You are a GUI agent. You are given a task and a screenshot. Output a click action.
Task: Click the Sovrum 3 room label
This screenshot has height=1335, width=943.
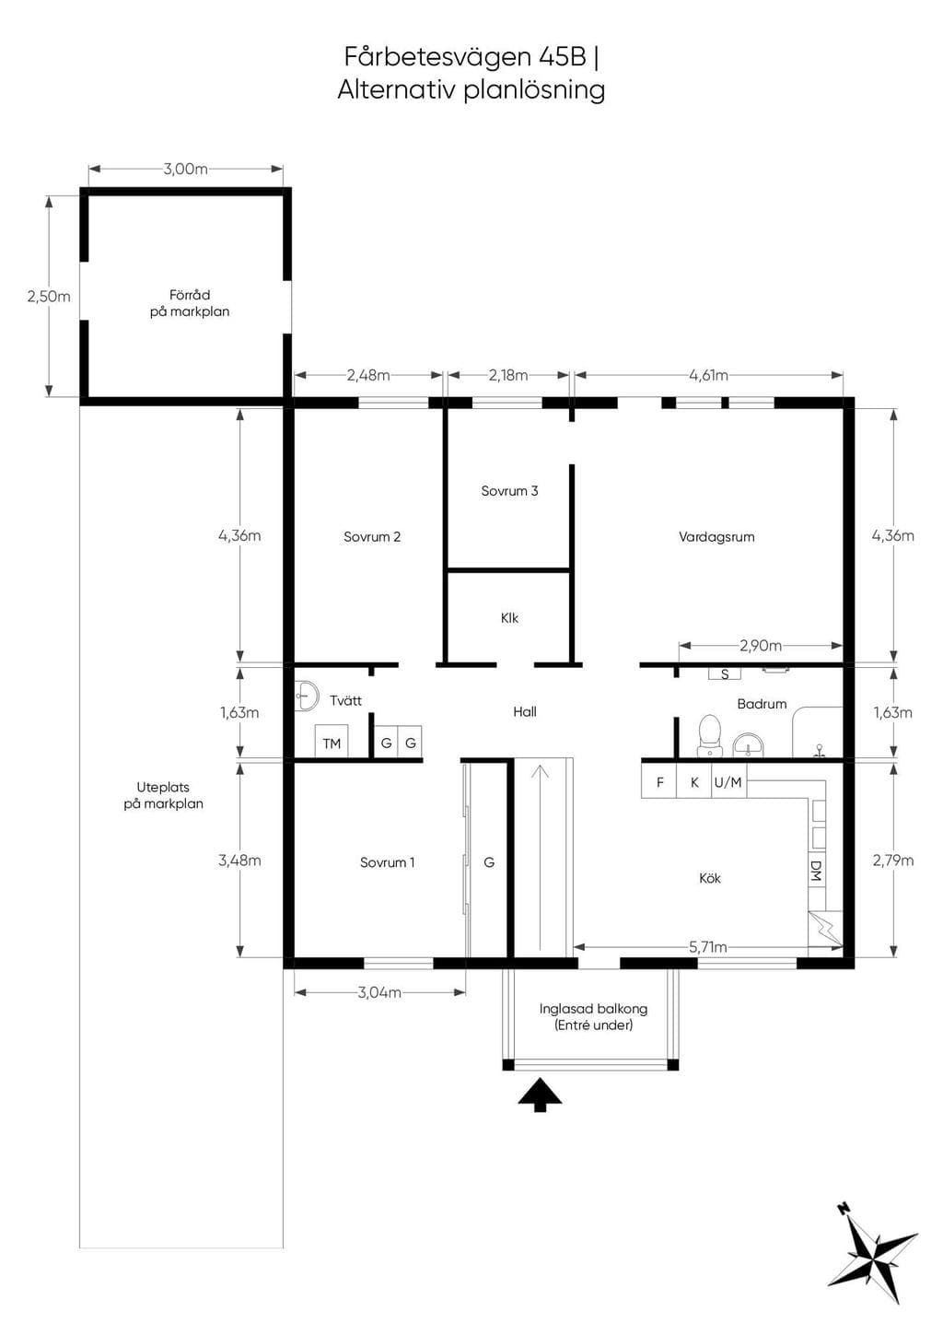(509, 491)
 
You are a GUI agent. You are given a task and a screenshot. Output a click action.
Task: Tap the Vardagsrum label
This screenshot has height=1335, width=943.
(716, 537)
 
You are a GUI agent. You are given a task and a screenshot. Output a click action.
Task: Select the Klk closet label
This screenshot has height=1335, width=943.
(509, 618)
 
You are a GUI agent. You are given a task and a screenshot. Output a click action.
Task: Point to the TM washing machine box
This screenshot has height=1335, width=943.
(332, 741)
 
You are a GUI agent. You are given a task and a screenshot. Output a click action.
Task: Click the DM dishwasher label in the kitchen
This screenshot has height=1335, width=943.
(816, 870)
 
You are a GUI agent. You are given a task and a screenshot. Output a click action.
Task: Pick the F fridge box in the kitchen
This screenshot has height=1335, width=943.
(659, 782)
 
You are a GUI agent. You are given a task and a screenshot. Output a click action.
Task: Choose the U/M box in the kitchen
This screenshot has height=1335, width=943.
(728, 782)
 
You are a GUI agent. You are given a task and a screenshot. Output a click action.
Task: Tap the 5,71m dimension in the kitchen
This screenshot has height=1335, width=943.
(707, 947)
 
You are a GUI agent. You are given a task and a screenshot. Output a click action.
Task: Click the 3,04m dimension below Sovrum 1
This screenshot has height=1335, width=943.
(379, 992)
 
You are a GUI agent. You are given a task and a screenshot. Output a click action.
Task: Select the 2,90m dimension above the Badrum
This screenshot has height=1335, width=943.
(761, 646)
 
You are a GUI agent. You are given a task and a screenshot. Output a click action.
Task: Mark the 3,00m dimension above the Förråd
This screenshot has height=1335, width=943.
(186, 170)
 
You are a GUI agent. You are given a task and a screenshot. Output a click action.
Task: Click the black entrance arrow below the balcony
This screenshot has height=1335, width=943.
(540, 1095)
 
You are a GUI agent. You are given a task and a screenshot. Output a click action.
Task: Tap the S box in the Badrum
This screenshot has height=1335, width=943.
(725, 674)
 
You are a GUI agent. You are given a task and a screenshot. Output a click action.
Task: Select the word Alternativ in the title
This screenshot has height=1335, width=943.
(396, 90)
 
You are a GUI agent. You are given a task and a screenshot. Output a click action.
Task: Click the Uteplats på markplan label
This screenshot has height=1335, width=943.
(163, 796)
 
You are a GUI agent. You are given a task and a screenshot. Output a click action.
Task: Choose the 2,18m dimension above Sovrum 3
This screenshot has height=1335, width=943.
(508, 376)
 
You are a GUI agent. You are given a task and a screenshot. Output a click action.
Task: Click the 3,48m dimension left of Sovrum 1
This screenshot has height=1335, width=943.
(239, 861)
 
